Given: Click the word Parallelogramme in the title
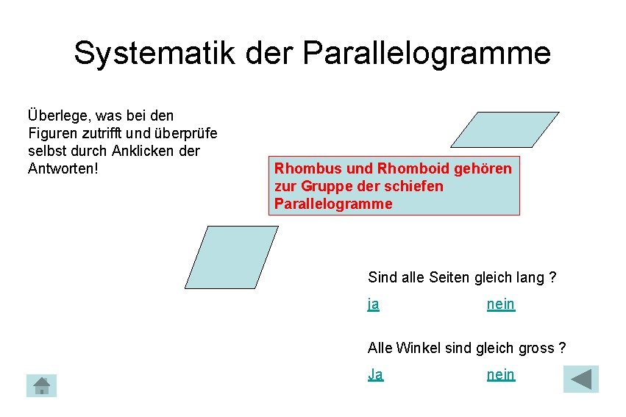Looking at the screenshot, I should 426,53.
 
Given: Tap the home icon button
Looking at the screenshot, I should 42,385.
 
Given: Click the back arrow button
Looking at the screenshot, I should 581,379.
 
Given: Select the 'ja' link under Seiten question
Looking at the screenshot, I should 374,304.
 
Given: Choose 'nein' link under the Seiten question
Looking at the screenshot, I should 501,304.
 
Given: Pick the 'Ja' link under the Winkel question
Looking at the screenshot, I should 375,374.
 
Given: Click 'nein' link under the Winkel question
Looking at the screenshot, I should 501,374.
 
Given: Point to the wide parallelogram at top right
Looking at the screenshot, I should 505,129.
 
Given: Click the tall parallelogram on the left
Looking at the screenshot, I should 231,257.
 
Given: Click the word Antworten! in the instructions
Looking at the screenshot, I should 63,168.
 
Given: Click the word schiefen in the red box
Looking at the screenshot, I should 417,186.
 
